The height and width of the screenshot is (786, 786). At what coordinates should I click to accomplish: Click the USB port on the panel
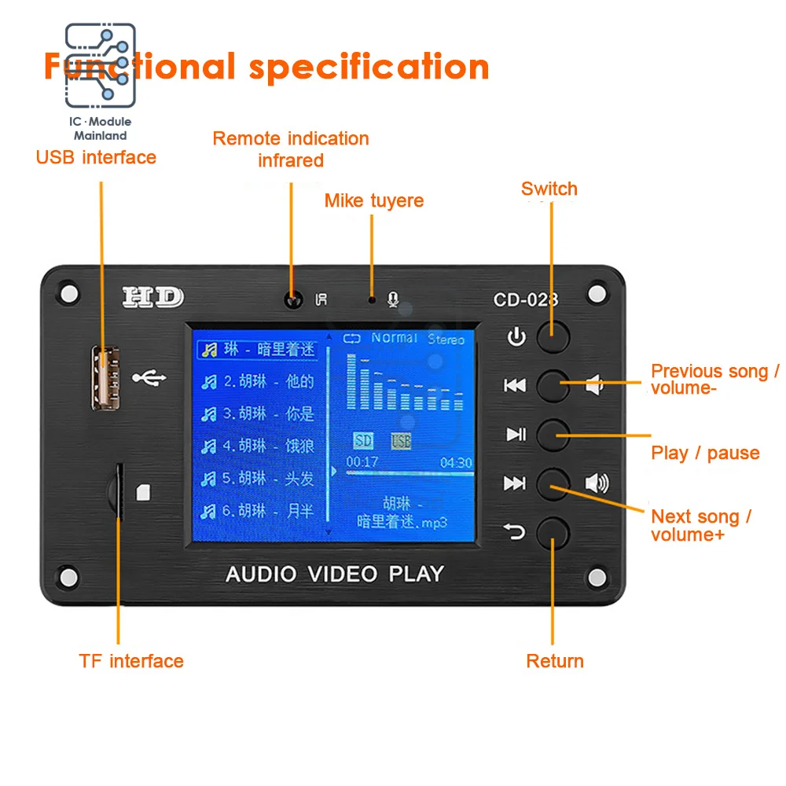[102, 378]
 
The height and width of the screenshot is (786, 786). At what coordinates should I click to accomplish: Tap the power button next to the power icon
[553, 336]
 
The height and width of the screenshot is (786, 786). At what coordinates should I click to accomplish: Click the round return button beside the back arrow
[553, 532]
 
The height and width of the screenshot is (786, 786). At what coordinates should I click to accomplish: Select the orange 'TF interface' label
[131, 660]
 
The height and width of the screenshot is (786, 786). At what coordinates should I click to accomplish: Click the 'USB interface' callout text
[96, 157]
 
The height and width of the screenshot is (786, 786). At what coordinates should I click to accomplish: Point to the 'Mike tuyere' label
[374, 200]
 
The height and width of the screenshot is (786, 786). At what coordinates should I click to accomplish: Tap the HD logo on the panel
[152, 297]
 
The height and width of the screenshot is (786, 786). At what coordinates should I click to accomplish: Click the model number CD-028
[526, 299]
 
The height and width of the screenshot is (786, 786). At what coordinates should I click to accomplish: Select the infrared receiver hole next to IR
[294, 299]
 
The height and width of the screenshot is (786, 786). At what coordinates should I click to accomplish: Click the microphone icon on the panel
[393, 299]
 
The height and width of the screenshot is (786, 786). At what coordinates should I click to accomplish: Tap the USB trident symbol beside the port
[149, 378]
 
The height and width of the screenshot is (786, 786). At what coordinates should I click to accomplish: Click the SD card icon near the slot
[142, 492]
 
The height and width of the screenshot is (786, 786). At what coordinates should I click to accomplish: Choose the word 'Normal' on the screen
[394, 338]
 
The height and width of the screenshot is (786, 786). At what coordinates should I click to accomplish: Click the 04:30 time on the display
[456, 463]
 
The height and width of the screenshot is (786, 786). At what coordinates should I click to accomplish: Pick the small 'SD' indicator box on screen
[363, 441]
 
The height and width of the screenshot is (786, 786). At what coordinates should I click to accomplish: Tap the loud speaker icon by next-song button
[597, 483]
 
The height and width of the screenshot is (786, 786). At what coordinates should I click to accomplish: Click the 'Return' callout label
[555, 661]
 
